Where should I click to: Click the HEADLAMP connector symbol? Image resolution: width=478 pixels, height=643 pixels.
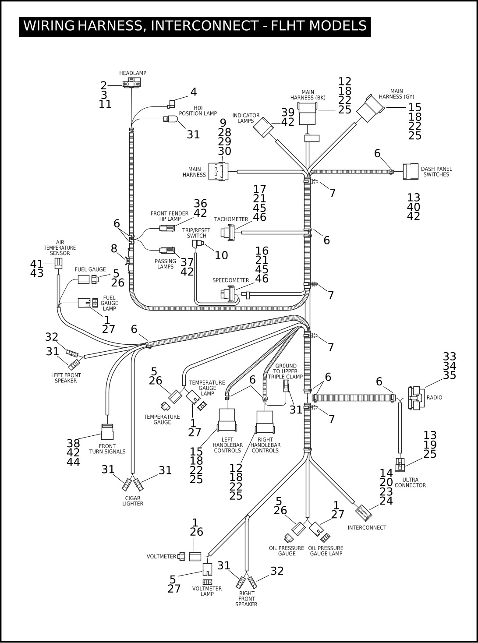click(132, 83)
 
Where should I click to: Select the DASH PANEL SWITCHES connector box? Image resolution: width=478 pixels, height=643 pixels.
click(411, 171)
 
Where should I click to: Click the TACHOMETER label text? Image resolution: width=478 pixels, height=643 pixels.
click(231, 219)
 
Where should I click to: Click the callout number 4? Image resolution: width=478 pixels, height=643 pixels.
click(194, 92)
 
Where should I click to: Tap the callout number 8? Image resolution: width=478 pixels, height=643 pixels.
click(114, 248)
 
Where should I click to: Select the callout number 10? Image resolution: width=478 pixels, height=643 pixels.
click(221, 255)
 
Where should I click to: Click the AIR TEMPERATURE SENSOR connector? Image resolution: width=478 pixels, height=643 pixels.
click(59, 263)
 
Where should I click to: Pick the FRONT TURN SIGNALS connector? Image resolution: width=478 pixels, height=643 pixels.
click(107, 432)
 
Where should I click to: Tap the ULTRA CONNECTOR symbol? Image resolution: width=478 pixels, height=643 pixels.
click(400, 465)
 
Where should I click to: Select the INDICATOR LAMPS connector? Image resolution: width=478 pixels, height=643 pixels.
click(263, 127)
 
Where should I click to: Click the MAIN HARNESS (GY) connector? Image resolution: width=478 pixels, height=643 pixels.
click(370, 109)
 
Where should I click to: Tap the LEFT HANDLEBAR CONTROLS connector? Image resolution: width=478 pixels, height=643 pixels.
click(227, 420)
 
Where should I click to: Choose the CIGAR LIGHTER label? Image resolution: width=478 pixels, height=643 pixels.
click(133, 501)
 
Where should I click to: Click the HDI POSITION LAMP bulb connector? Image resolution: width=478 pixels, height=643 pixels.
click(170, 119)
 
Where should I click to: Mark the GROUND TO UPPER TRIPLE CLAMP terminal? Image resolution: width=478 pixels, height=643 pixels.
click(286, 386)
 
